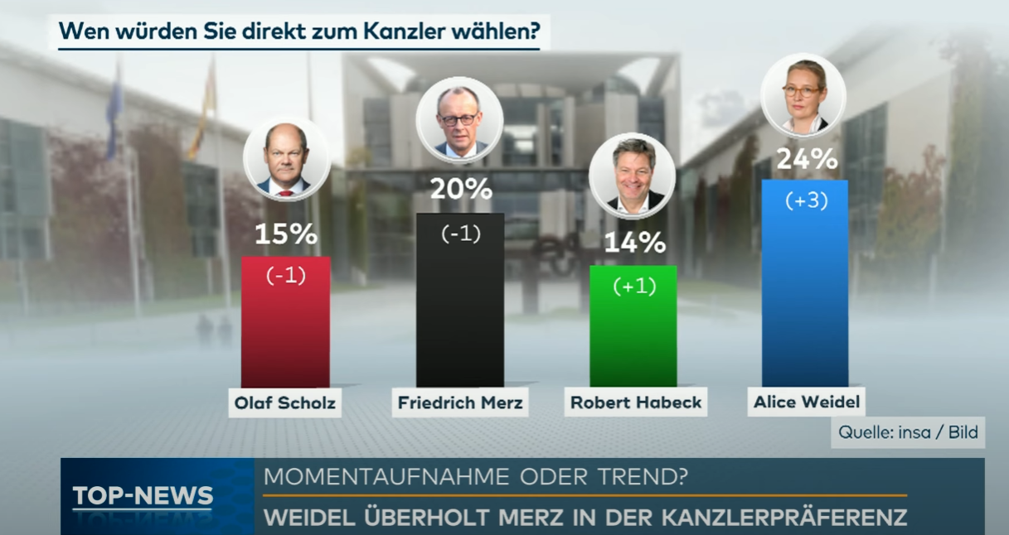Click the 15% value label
point(285,234)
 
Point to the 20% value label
point(461,190)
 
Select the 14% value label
point(634,243)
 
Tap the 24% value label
point(806,158)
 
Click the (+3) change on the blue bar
point(806,200)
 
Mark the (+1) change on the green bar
point(634,286)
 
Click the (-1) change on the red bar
point(285,276)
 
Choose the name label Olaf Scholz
point(285,404)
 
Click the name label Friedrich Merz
point(460,403)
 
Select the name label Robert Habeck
point(636,403)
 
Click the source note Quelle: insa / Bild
point(908,431)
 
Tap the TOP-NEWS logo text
point(143,496)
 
